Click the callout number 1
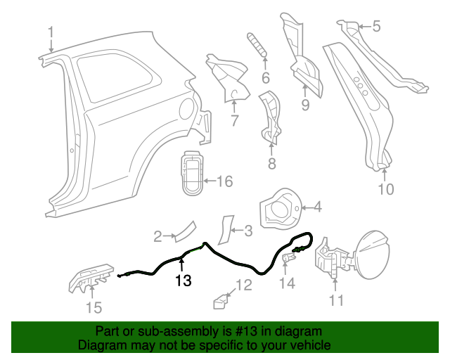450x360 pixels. [51, 31]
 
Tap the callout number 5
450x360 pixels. [376, 27]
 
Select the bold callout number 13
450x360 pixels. [183, 281]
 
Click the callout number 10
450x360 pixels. [387, 188]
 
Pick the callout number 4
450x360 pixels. [317, 207]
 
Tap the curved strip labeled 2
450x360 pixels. [185, 230]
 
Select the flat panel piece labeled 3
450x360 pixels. [226, 229]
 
